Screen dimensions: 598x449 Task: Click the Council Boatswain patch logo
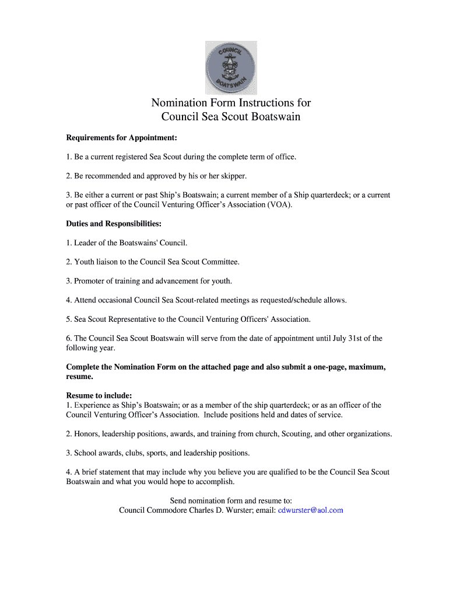click(230, 68)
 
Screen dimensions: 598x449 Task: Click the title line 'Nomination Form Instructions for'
click(231, 103)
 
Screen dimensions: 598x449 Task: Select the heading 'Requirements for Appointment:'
click(121, 138)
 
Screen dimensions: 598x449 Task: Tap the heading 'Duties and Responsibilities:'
click(114, 224)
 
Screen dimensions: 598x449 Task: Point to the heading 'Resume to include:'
click(99, 395)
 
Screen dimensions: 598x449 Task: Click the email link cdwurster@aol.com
click(310, 510)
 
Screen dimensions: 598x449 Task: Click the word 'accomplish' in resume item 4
click(214, 482)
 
